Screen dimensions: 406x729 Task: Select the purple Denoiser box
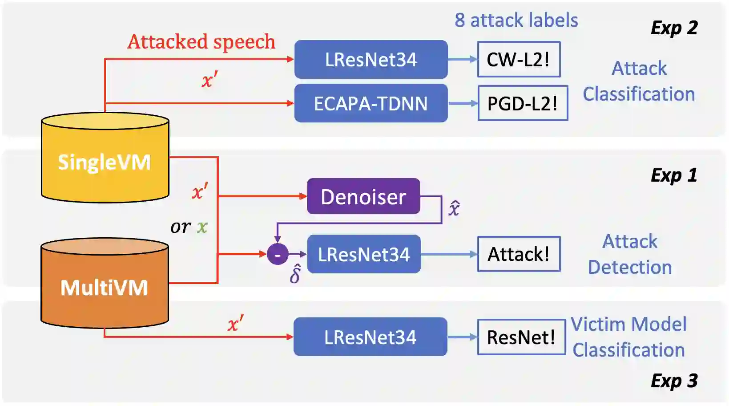[363, 196]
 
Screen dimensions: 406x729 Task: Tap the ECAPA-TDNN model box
[371, 103]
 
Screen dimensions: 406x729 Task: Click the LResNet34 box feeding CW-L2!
[371, 60]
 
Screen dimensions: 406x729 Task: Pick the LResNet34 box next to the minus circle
[363, 254]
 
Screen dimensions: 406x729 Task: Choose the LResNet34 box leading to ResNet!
[370, 337]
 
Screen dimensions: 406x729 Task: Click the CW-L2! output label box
[519, 60]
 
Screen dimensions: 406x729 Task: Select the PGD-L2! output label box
[523, 103]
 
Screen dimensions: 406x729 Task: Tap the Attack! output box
[519, 254]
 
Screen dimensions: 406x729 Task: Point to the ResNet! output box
[521, 337]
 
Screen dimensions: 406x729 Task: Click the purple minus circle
[278, 255]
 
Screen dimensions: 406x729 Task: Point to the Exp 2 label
[674, 28]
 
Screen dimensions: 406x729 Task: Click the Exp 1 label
[674, 175]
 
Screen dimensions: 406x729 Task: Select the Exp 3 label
[674, 381]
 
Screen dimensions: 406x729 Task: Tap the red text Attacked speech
[201, 42]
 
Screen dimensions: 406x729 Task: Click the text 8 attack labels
[516, 20]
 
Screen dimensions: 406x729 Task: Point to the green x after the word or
[202, 227]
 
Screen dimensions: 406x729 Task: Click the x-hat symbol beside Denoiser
[454, 208]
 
